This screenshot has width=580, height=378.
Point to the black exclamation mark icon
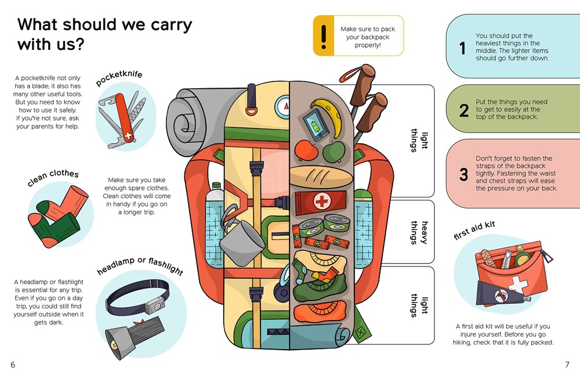324,36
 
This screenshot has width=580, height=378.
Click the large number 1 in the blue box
462,50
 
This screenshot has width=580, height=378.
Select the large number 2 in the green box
463,110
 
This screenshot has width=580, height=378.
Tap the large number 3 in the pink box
463,175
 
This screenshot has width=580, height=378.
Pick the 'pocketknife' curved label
119,79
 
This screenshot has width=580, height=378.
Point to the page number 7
567,364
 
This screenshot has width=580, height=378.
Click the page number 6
13,364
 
